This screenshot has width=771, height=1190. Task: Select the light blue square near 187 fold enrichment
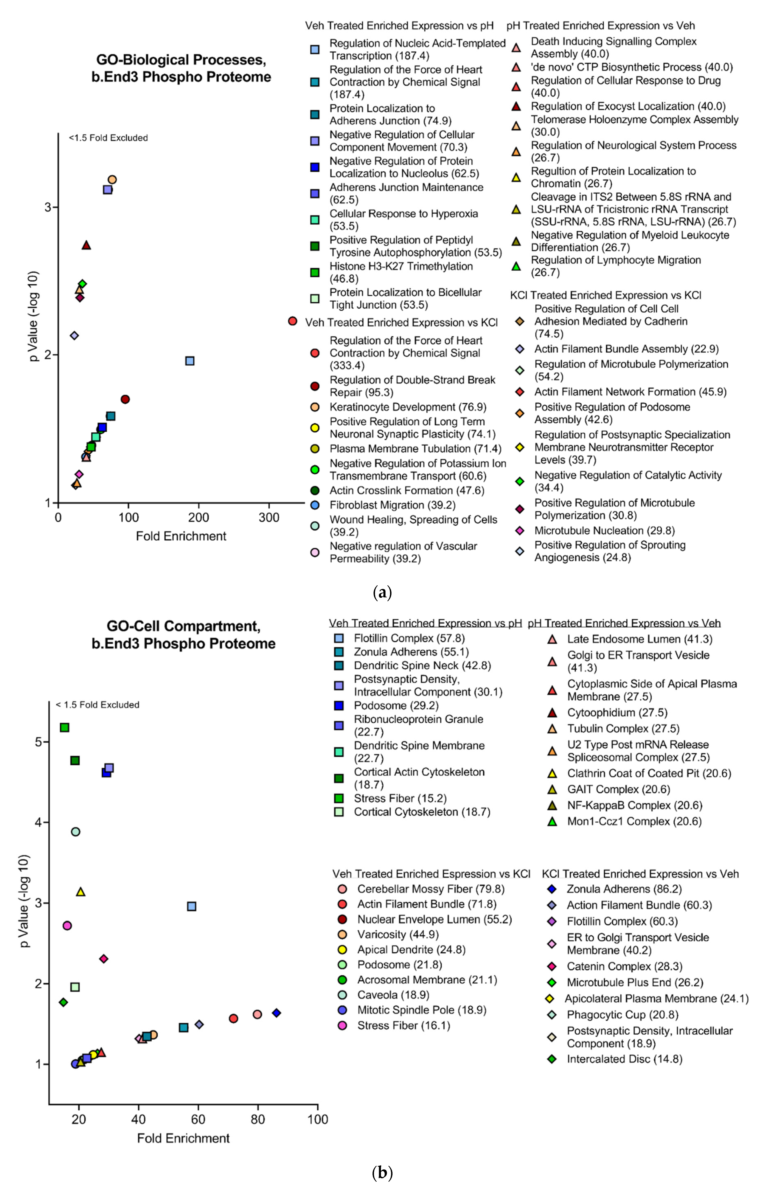click(189, 361)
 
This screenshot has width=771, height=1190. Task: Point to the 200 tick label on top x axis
click(199, 518)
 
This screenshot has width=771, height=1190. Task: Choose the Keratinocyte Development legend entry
click(408, 407)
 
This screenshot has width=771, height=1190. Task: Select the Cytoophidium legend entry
click(617, 713)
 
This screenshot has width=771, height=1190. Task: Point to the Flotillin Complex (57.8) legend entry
click(409, 639)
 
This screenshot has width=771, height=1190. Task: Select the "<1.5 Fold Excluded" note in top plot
click(108, 137)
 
